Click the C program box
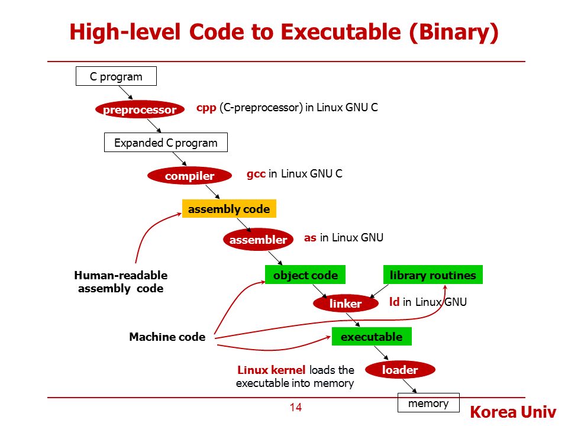pyautogui.click(x=116, y=76)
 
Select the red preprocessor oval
pyautogui.click(x=140, y=109)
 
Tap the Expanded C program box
pyautogui.click(x=166, y=143)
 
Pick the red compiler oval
pyautogui.click(x=189, y=176)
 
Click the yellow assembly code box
pyautogui.click(x=228, y=209)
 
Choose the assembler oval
pyautogui.click(x=258, y=240)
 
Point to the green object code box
pyautogui.click(x=305, y=275)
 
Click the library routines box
pyautogui.click(x=433, y=275)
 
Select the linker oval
pyautogui.click(x=346, y=304)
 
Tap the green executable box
pyautogui.click(x=372, y=337)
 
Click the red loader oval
pyautogui.click(x=400, y=370)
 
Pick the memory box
pyautogui.click(x=428, y=404)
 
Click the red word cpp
pyautogui.click(x=206, y=108)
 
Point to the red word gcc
pyautogui.click(x=256, y=174)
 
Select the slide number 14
pyautogui.click(x=296, y=407)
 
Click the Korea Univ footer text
pyautogui.click(x=513, y=412)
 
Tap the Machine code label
pyautogui.click(x=167, y=337)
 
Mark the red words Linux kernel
pyautogui.click(x=272, y=370)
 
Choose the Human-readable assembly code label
pyautogui.click(x=121, y=282)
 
